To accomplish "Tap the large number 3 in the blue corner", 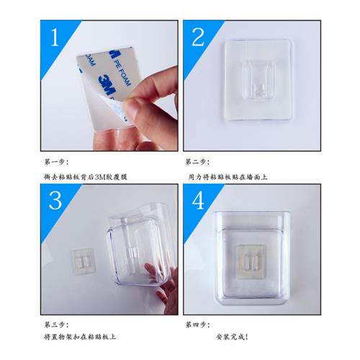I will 55,200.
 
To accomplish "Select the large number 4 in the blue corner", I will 198,200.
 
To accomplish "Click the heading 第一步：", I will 55,162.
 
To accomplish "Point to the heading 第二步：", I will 197,162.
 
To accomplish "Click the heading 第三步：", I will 55,324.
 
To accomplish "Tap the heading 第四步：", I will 197,324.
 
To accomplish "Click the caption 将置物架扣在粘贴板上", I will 80,336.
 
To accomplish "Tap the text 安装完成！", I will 231,336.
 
